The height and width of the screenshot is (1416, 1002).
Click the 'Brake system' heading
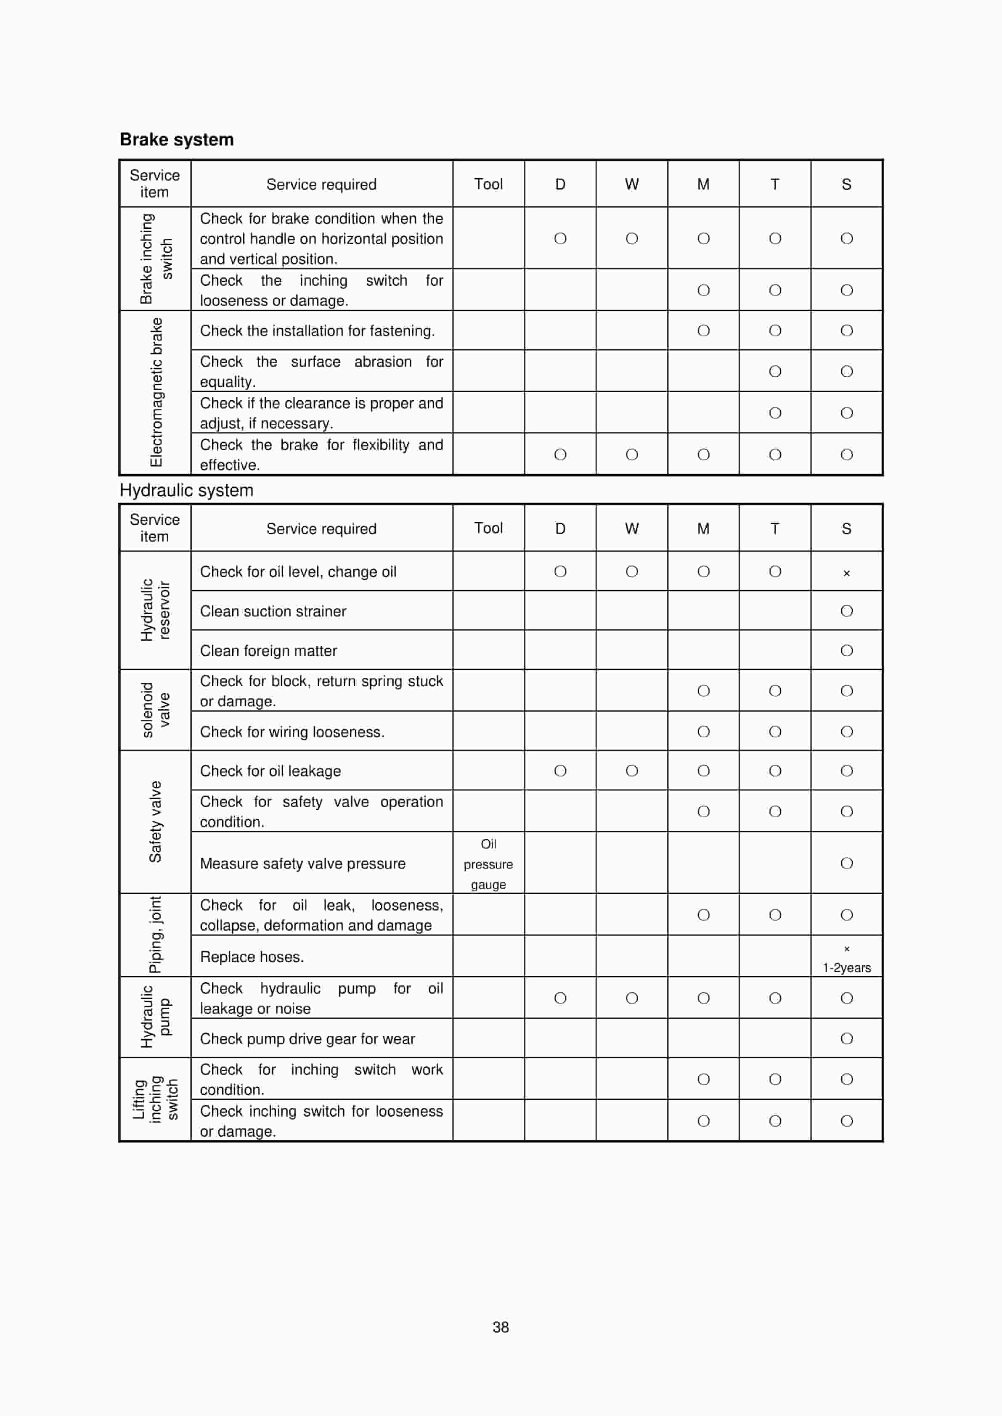pos(176,140)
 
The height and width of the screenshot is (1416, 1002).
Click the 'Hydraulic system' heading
pos(186,490)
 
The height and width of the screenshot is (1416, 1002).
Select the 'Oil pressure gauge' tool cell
pos(488,864)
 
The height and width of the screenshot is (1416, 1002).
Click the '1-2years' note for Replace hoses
pos(846,968)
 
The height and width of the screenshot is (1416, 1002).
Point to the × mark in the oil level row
pos(846,573)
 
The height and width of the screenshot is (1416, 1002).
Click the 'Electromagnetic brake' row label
pos(156,392)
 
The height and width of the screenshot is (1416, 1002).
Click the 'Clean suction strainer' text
pos(273,611)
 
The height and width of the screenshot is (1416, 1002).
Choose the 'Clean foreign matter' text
pos(268,651)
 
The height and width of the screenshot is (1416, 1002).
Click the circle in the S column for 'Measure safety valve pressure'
pos(846,863)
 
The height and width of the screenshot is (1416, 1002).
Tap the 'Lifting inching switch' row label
pos(156,1099)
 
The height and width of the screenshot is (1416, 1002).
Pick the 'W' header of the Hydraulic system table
pos(631,528)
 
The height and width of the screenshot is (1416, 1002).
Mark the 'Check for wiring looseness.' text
pos(292,732)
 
